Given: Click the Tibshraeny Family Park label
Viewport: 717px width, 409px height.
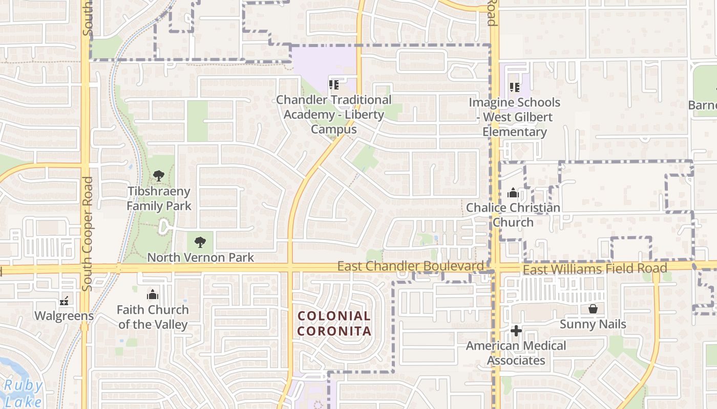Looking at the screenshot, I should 159,199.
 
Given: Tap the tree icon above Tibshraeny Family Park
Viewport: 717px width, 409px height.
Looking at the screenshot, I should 159,176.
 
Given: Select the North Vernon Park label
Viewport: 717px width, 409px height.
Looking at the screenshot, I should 200,257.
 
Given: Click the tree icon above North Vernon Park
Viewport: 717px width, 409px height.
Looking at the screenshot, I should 200,242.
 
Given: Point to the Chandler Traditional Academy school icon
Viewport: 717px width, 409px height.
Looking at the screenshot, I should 334,85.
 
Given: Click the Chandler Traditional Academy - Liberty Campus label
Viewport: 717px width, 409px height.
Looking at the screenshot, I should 334,115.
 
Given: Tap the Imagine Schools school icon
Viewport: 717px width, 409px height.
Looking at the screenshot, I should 515,87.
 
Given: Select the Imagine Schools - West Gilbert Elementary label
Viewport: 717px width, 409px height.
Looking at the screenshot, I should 515,117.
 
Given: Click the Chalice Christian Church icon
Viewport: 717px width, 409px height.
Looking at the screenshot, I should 513,193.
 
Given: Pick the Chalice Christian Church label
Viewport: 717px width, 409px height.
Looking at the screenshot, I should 513,215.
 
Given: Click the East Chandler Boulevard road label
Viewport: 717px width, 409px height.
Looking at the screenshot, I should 410,266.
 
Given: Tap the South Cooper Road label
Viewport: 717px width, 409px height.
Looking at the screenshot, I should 87,234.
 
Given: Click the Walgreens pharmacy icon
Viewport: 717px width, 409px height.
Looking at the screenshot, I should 65,301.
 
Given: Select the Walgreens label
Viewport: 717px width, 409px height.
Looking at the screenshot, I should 64,315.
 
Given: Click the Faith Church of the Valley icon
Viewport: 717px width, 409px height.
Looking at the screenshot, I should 153,294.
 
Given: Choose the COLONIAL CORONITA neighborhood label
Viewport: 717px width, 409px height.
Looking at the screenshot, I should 334,323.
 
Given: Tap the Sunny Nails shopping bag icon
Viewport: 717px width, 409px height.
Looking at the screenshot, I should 593,309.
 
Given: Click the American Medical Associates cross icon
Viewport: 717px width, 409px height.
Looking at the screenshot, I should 516,331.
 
